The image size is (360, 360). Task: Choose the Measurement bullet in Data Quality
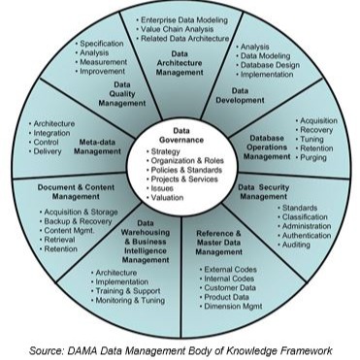[108, 63]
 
